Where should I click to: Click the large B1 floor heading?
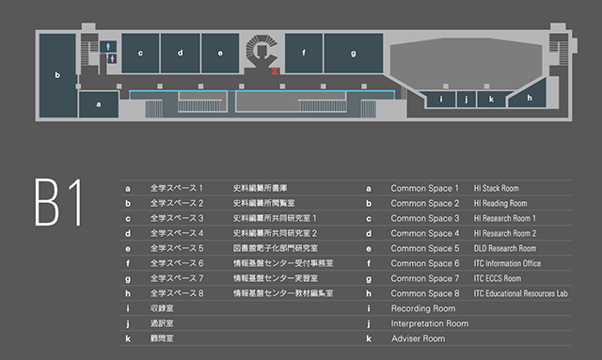pos(57,199)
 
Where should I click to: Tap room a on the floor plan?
pos(98,105)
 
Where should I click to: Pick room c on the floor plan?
pos(140,53)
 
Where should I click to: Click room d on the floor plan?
pos(180,53)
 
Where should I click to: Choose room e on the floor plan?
pos(220,53)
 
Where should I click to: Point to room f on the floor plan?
pos(304,53)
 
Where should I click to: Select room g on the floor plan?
pos(354,53)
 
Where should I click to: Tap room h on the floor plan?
pos(530,96)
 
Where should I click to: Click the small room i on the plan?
pos(441,98)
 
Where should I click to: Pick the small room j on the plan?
pos(466,98)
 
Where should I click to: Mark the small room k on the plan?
pos(490,98)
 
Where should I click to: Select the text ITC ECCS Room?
pos(498,278)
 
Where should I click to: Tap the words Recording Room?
pos(423,308)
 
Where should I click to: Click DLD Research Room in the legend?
pos(505,248)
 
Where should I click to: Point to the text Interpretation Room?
pos(429,323)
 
